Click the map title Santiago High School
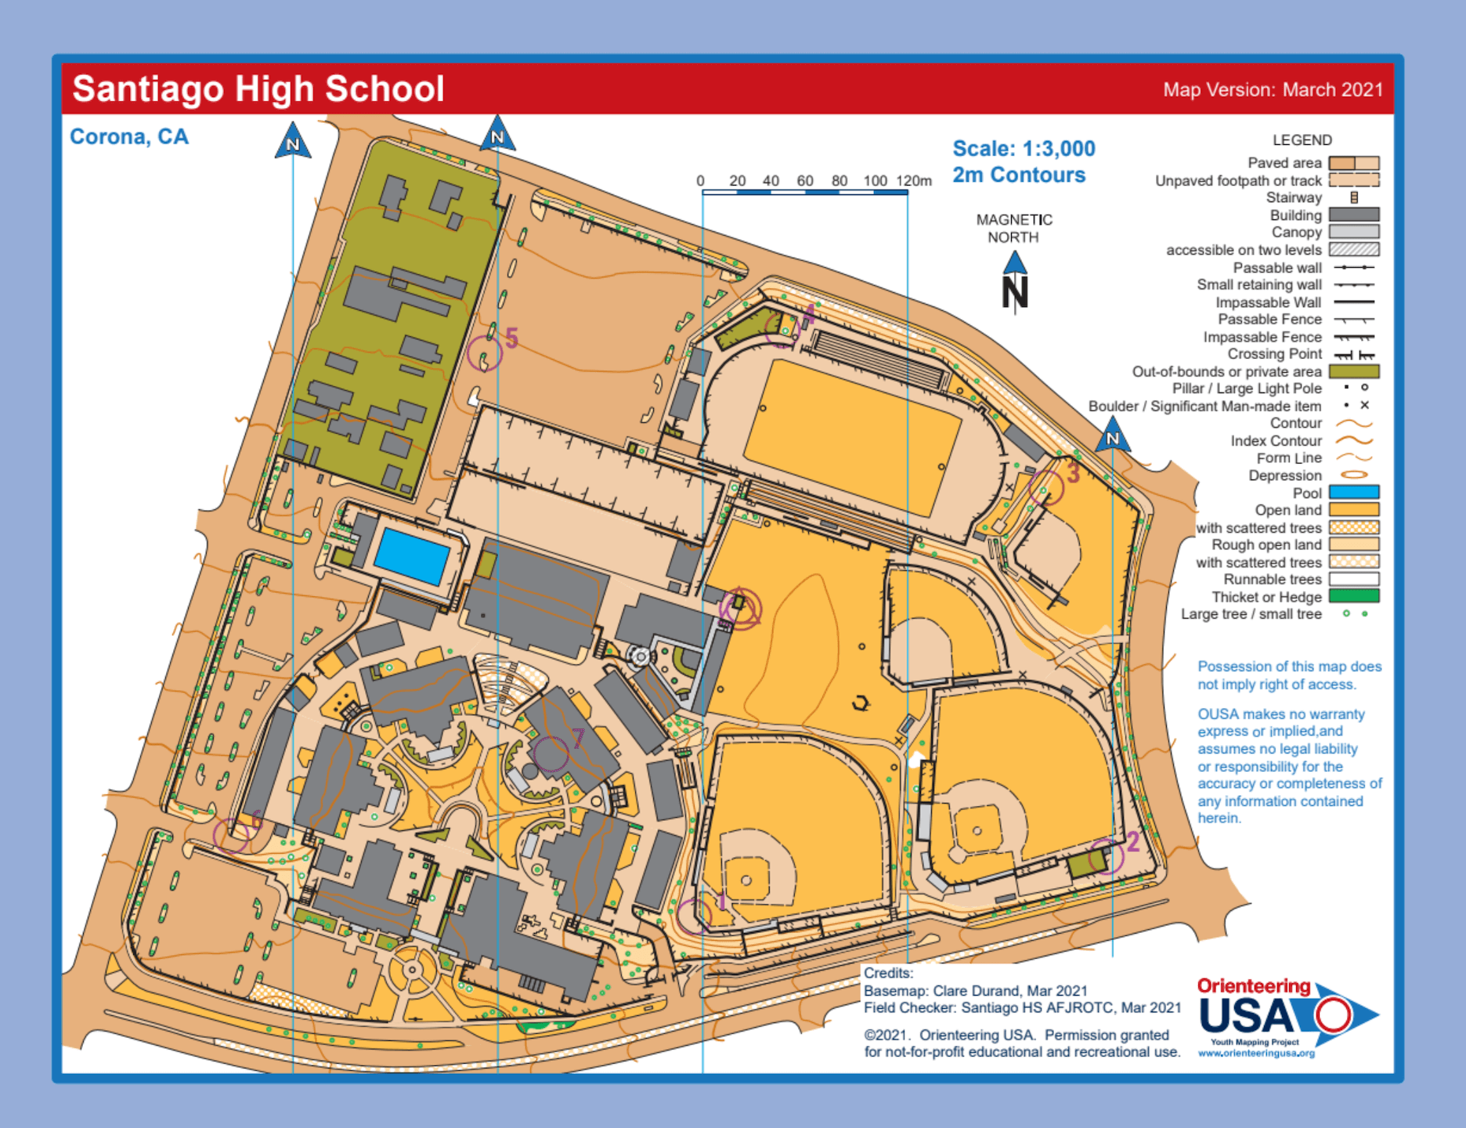258,89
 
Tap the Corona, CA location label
129,137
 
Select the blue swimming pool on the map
412,555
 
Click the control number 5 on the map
511,338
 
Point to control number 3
1073,472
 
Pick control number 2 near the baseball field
1132,842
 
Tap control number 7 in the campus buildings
578,737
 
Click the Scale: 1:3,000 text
1024,149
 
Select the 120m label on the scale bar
914,181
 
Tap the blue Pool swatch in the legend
1354,493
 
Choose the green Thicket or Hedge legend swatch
1354,597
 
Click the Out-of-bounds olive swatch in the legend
1354,371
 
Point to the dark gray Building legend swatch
1354,215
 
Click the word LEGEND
1302,140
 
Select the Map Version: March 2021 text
1273,90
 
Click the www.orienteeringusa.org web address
1256,1054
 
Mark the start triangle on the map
740,608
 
